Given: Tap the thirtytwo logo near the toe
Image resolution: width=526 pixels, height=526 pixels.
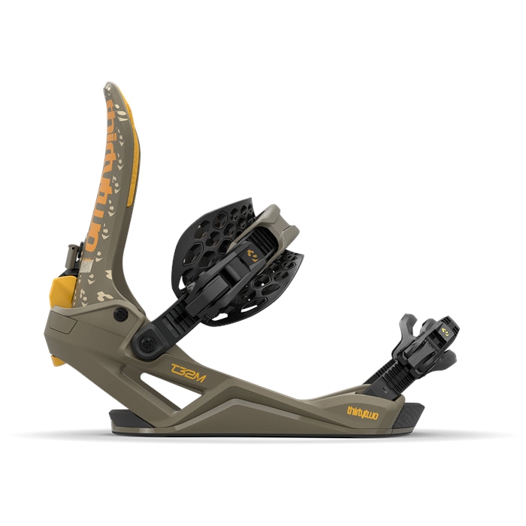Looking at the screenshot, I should click(x=363, y=411).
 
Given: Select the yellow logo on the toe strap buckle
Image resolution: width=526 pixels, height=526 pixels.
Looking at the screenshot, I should click(x=447, y=328).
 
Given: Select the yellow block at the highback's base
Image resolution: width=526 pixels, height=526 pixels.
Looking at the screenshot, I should click(x=64, y=292).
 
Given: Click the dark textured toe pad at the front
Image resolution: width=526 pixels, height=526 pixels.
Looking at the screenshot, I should click(x=410, y=413).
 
